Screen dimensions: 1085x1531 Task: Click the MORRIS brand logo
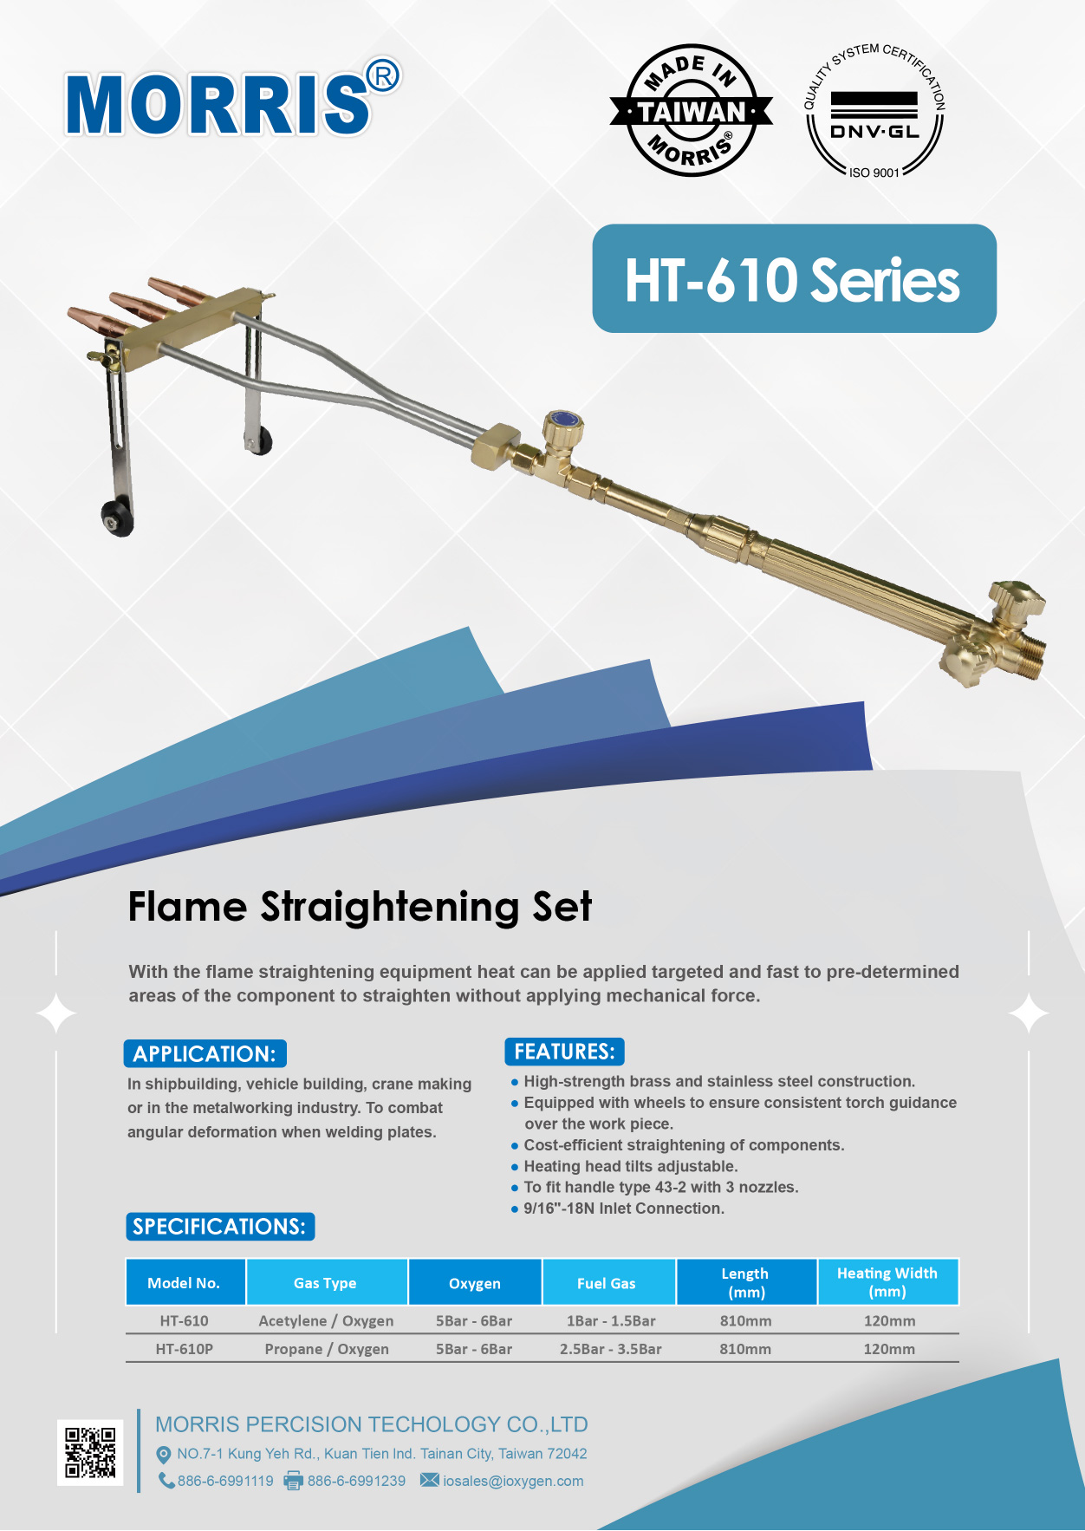(x=232, y=100)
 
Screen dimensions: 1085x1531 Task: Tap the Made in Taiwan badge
(x=691, y=111)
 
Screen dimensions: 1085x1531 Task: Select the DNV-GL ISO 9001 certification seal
(x=874, y=111)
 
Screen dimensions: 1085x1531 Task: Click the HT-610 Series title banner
(x=794, y=278)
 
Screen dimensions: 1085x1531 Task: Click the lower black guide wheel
(x=116, y=518)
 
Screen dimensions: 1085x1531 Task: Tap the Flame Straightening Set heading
(x=360, y=907)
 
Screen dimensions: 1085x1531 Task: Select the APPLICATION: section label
(x=205, y=1053)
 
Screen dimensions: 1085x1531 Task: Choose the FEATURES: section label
(x=564, y=1052)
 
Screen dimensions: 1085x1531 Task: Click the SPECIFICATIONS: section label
(x=219, y=1227)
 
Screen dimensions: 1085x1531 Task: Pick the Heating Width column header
(x=887, y=1282)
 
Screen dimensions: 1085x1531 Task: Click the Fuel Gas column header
(x=607, y=1283)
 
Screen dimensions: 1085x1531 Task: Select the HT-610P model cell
(x=185, y=1349)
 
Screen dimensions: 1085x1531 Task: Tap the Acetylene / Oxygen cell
(x=326, y=1321)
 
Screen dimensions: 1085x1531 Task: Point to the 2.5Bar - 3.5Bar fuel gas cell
(x=611, y=1349)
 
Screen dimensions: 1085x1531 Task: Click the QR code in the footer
(x=90, y=1452)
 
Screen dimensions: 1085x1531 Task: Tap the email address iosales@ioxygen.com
(x=513, y=1481)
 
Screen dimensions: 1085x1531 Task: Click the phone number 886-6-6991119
(x=225, y=1481)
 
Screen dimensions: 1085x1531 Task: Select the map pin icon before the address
(x=163, y=1454)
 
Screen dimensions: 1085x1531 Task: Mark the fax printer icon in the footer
(x=294, y=1481)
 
